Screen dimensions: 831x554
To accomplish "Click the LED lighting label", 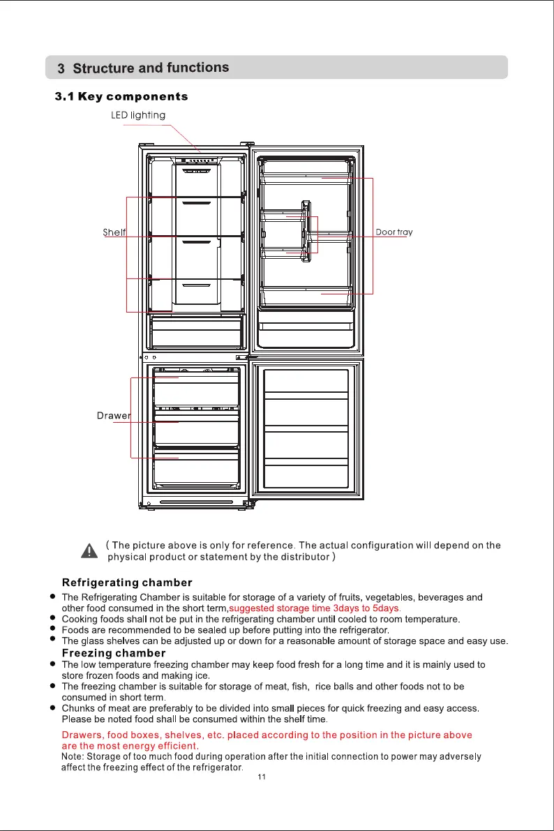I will (138, 115).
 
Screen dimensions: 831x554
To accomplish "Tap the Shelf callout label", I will (114, 232).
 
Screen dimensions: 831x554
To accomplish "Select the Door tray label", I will (394, 232).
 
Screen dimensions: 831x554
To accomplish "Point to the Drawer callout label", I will (113, 417).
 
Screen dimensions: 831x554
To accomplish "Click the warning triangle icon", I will (89, 551).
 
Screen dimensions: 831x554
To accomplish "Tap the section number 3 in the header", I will (61, 69).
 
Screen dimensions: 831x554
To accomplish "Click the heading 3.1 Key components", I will (121, 96).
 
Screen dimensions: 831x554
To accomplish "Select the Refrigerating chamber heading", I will (127, 582).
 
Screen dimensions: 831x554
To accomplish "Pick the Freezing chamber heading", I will (114, 653).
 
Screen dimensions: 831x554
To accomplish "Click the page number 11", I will (262, 777).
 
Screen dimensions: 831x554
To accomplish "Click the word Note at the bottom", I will (73, 757).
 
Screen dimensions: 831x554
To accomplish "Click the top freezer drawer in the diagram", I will (197, 387).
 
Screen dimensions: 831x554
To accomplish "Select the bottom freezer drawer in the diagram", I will (197, 471).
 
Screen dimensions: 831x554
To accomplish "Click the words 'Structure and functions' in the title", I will (151, 68).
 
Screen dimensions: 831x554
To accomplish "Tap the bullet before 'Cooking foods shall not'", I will (52, 619).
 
